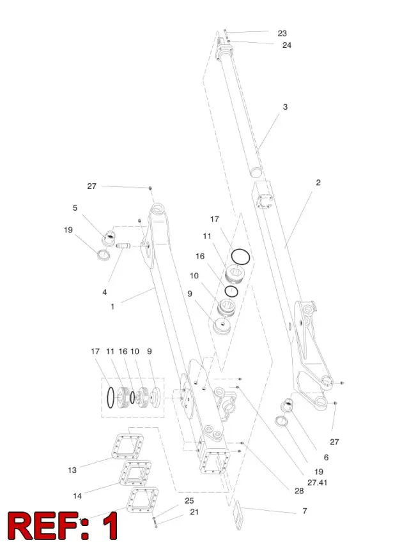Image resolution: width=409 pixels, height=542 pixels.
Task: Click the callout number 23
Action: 282,33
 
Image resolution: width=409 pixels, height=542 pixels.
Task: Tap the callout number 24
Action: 286,45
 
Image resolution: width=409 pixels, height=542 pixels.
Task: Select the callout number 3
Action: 285,107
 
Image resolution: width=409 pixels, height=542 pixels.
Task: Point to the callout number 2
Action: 318,182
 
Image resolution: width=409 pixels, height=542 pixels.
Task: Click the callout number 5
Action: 75,207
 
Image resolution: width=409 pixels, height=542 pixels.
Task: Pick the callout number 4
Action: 105,292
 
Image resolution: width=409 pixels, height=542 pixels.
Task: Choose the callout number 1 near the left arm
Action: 112,306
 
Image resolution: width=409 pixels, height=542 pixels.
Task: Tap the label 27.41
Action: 317,482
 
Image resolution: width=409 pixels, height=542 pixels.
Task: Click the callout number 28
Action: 299,491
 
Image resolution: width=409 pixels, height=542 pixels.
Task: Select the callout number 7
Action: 304,511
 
